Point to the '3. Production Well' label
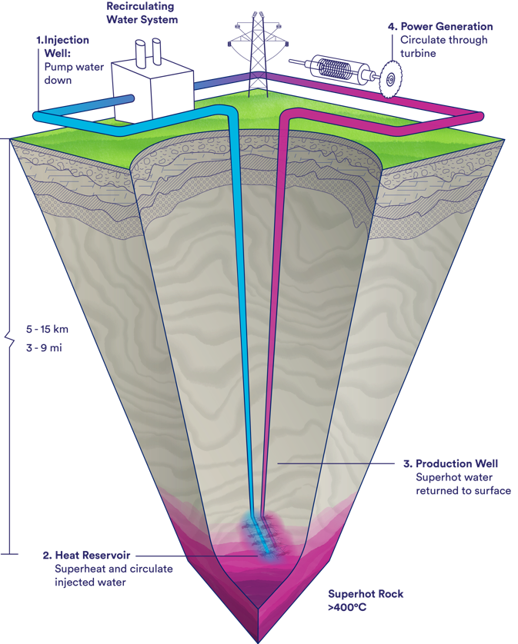[x=456, y=463]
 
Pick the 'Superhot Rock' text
[x=366, y=594]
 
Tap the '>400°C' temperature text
[x=346, y=606]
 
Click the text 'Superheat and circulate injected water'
[x=113, y=575]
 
